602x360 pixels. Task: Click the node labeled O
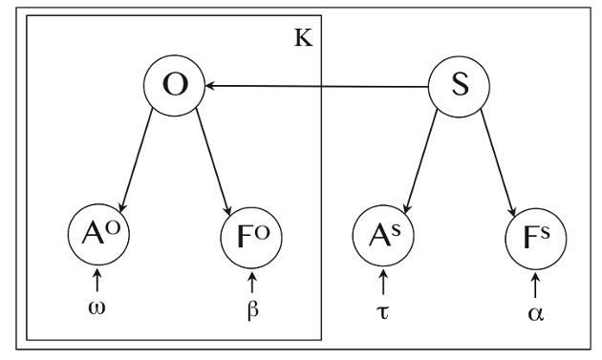pyautogui.click(x=173, y=87)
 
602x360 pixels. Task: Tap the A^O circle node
pyautogui.click(x=97, y=234)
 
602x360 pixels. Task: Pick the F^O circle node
pyautogui.click(x=252, y=234)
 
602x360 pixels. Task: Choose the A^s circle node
pyautogui.click(x=382, y=234)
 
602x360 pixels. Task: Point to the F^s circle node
pyautogui.click(x=536, y=234)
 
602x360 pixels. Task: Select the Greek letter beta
pyautogui.click(x=252, y=311)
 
